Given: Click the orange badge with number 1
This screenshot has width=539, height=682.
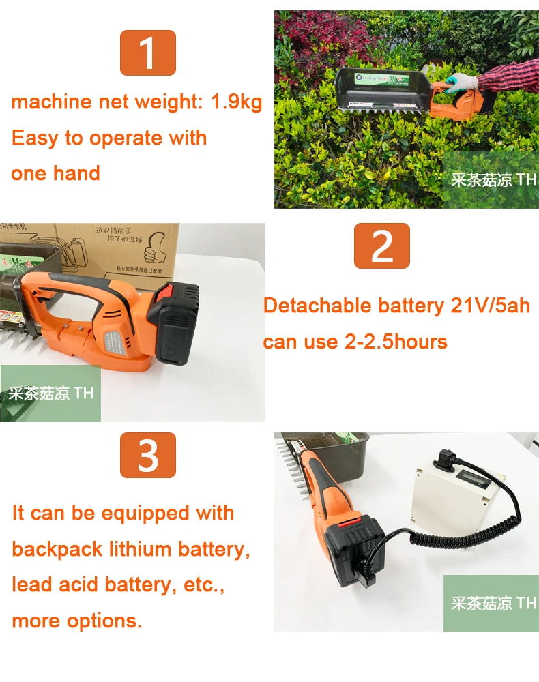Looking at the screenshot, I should (148, 53).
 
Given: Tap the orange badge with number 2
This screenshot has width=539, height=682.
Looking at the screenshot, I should (381, 246).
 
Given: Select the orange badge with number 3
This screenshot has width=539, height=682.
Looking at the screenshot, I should (148, 455).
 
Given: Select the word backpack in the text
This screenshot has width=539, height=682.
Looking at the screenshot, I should (57, 549).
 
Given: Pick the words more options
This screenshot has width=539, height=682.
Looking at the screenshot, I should (76, 621).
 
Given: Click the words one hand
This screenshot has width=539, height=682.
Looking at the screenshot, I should (56, 173).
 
